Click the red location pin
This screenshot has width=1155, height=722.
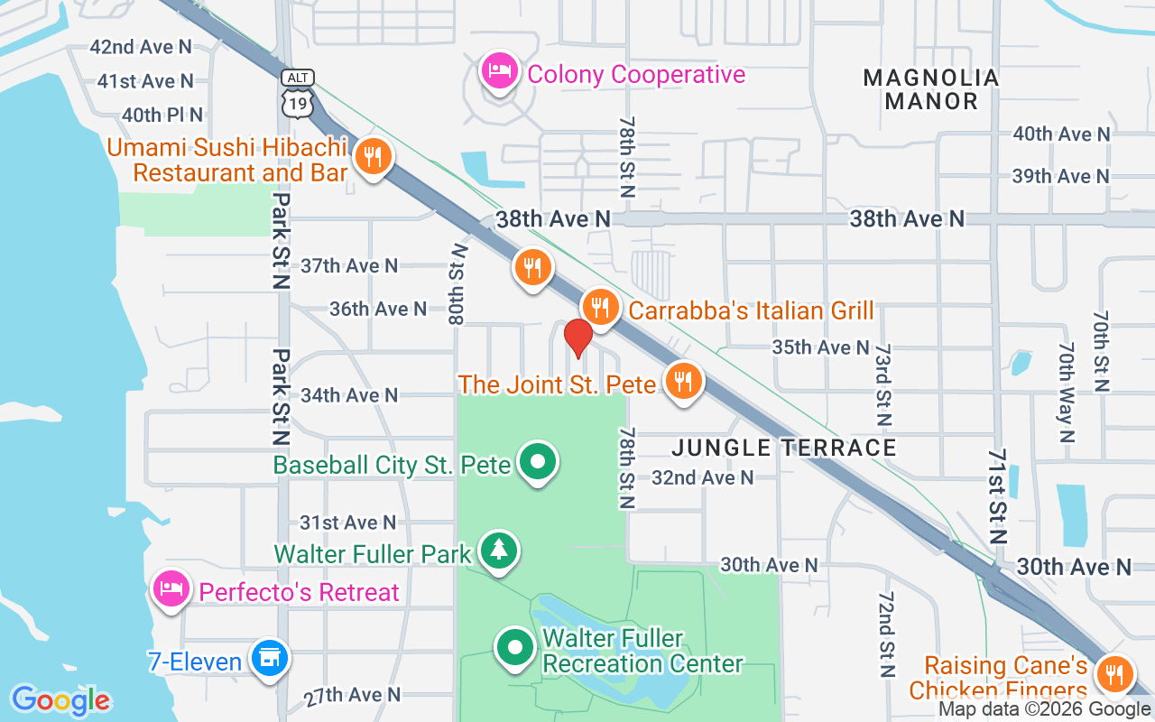(x=578, y=338)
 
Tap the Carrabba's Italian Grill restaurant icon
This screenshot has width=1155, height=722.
(x=598, y=305)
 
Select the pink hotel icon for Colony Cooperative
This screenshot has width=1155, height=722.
(x=498, y=70)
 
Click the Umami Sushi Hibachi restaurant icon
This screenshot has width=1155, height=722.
(x=370, y=157)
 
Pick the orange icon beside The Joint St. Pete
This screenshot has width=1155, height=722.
(x=684, y=381)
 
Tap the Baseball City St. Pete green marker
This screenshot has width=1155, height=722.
(x=539, y=462)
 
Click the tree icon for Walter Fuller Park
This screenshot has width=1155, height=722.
(x=497, y=550)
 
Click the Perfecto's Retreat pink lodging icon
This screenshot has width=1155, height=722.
(x=171, y=589)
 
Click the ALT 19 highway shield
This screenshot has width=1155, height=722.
(x=297, y=94)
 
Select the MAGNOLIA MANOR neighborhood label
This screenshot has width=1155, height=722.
(x=931, y=89)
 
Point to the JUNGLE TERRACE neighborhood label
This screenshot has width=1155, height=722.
(x=784, y=448)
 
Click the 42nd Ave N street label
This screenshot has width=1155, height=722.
(x=141, y=46)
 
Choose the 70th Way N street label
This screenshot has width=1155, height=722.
(x=1067, y=392)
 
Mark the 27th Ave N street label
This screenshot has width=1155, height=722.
(x=352, y=695)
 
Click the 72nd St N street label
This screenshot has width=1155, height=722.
(x=885, y=635)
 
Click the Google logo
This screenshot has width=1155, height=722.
(x=60, y=700)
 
